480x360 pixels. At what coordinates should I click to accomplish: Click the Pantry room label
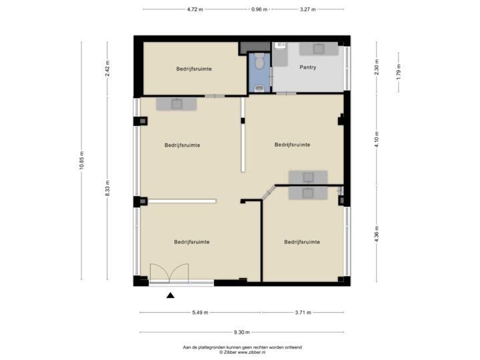point(307,67)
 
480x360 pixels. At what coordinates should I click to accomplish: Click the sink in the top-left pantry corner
point(280,46)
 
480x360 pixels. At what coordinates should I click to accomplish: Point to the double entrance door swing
point(169,273)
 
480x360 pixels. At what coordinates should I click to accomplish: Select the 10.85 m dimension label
point(81,161)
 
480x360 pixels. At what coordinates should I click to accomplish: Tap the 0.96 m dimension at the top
point(259,10)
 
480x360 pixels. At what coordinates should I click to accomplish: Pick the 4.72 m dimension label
point(195,10)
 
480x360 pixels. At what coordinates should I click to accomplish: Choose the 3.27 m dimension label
point(308,10)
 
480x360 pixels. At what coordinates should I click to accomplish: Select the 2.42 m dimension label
point(107,69)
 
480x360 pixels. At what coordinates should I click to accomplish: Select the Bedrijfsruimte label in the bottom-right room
point(301,241)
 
